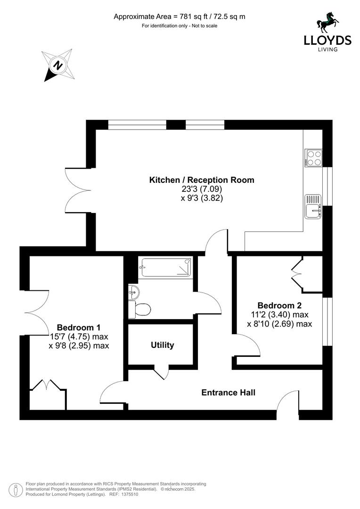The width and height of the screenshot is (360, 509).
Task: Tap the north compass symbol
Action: coord(57,66)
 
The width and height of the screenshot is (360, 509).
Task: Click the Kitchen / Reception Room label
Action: coord(202,180)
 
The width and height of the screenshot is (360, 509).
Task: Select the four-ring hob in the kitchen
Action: coord(313,157)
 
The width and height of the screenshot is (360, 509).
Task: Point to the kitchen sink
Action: coord(313,207)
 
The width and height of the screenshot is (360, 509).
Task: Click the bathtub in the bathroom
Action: coord(166,267)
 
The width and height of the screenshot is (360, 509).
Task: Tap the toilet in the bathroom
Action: coord(140,309)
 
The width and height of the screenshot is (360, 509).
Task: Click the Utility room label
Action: coord(163,345)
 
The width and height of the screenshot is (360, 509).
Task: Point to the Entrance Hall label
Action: coord(229,392)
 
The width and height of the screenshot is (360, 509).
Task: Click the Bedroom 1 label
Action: coord(78,328)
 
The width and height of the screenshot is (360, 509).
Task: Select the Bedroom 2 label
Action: coord(279,305)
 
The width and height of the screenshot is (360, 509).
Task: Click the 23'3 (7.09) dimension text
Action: coord(202,189)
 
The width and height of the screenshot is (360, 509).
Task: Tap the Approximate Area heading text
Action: coord(180,16)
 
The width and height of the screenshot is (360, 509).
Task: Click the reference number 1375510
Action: coord(129,494)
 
